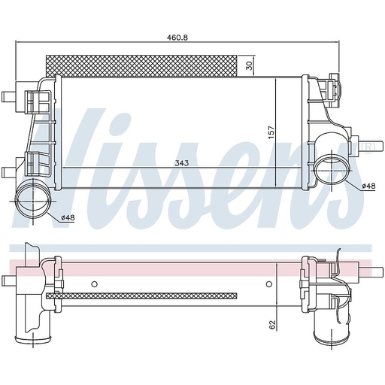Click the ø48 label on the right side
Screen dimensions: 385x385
[368, 186]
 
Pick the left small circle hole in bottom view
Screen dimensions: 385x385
[93, 283]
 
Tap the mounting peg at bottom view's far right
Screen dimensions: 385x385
[364, 271]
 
